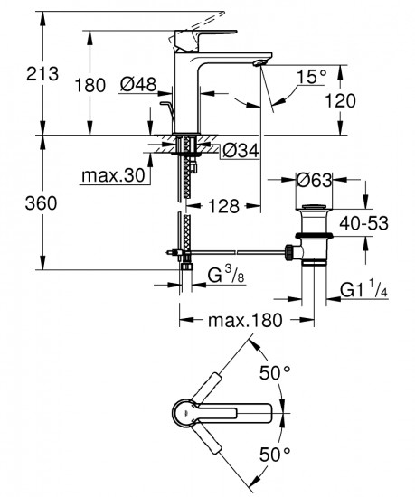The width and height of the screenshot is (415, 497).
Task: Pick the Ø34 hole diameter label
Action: coord(241,149)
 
